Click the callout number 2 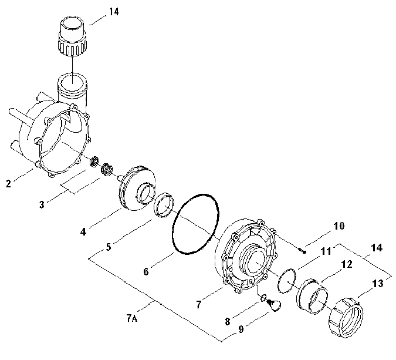(x=8, y=183)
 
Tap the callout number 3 (x=42, y=204)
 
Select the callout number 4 (x=83, y=231)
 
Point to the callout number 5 (x=109, y=247)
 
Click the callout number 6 (x=146, y=271)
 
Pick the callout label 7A (x=132, y=318)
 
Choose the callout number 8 (x=228, y=321)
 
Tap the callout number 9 (x=241, y=329)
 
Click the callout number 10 (x=339, y=226)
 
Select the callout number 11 (x=326, y=251)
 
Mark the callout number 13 (x=378, y=284)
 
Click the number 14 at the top (x=114, y=12)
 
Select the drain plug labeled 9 (x=274, y=305)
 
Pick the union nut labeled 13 (x=346, y=318)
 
